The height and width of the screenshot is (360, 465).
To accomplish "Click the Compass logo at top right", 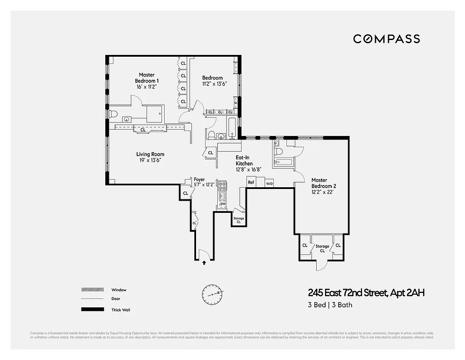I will (386, 39).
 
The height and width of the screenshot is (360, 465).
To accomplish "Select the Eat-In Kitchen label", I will (244, 160).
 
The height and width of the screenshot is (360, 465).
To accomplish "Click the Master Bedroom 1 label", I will (147, 78).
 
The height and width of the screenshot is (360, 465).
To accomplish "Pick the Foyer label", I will (199, 180).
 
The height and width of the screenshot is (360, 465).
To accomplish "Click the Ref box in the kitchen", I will (251, 183).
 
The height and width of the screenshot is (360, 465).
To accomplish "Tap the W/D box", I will (269, 184).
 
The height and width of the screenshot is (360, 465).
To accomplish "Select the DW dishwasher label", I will (222, 204).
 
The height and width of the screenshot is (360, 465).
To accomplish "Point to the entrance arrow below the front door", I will (204, 262).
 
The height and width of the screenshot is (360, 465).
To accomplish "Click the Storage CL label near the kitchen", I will (238, 220).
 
